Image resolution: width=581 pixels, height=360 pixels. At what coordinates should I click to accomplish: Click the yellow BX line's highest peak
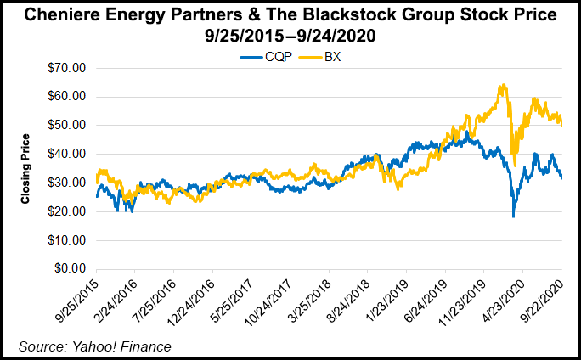tap(503, 85)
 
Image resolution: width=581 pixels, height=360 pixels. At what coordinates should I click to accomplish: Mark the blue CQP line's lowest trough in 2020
tap(513, 217)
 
